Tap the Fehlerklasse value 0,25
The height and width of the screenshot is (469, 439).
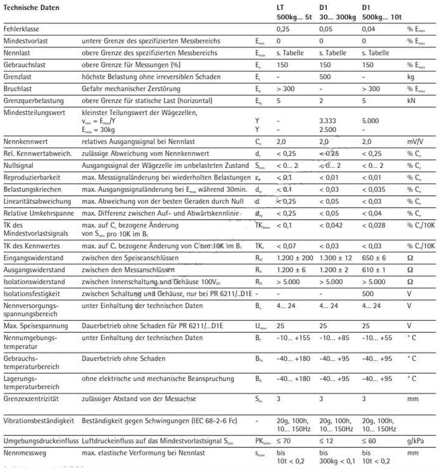[283, 28]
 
